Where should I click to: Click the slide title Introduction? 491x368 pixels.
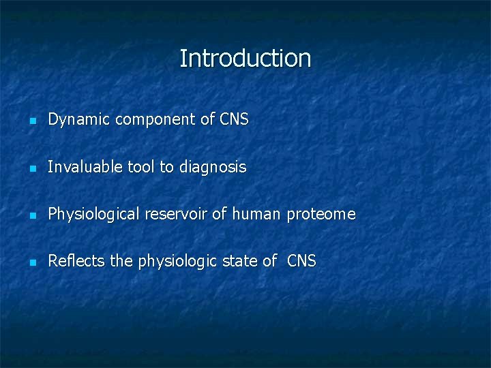coord(245,59)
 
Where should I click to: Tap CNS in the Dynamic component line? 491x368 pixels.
coord(234,120)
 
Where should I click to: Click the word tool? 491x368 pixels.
coord(140,167)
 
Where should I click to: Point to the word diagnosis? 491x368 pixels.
coord(213,168)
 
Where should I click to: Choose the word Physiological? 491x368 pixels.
coord(93,215)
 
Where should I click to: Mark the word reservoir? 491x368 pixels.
coord(175,214)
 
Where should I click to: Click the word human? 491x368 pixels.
coord(256,214)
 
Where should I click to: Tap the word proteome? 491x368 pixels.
coord(321,215)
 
